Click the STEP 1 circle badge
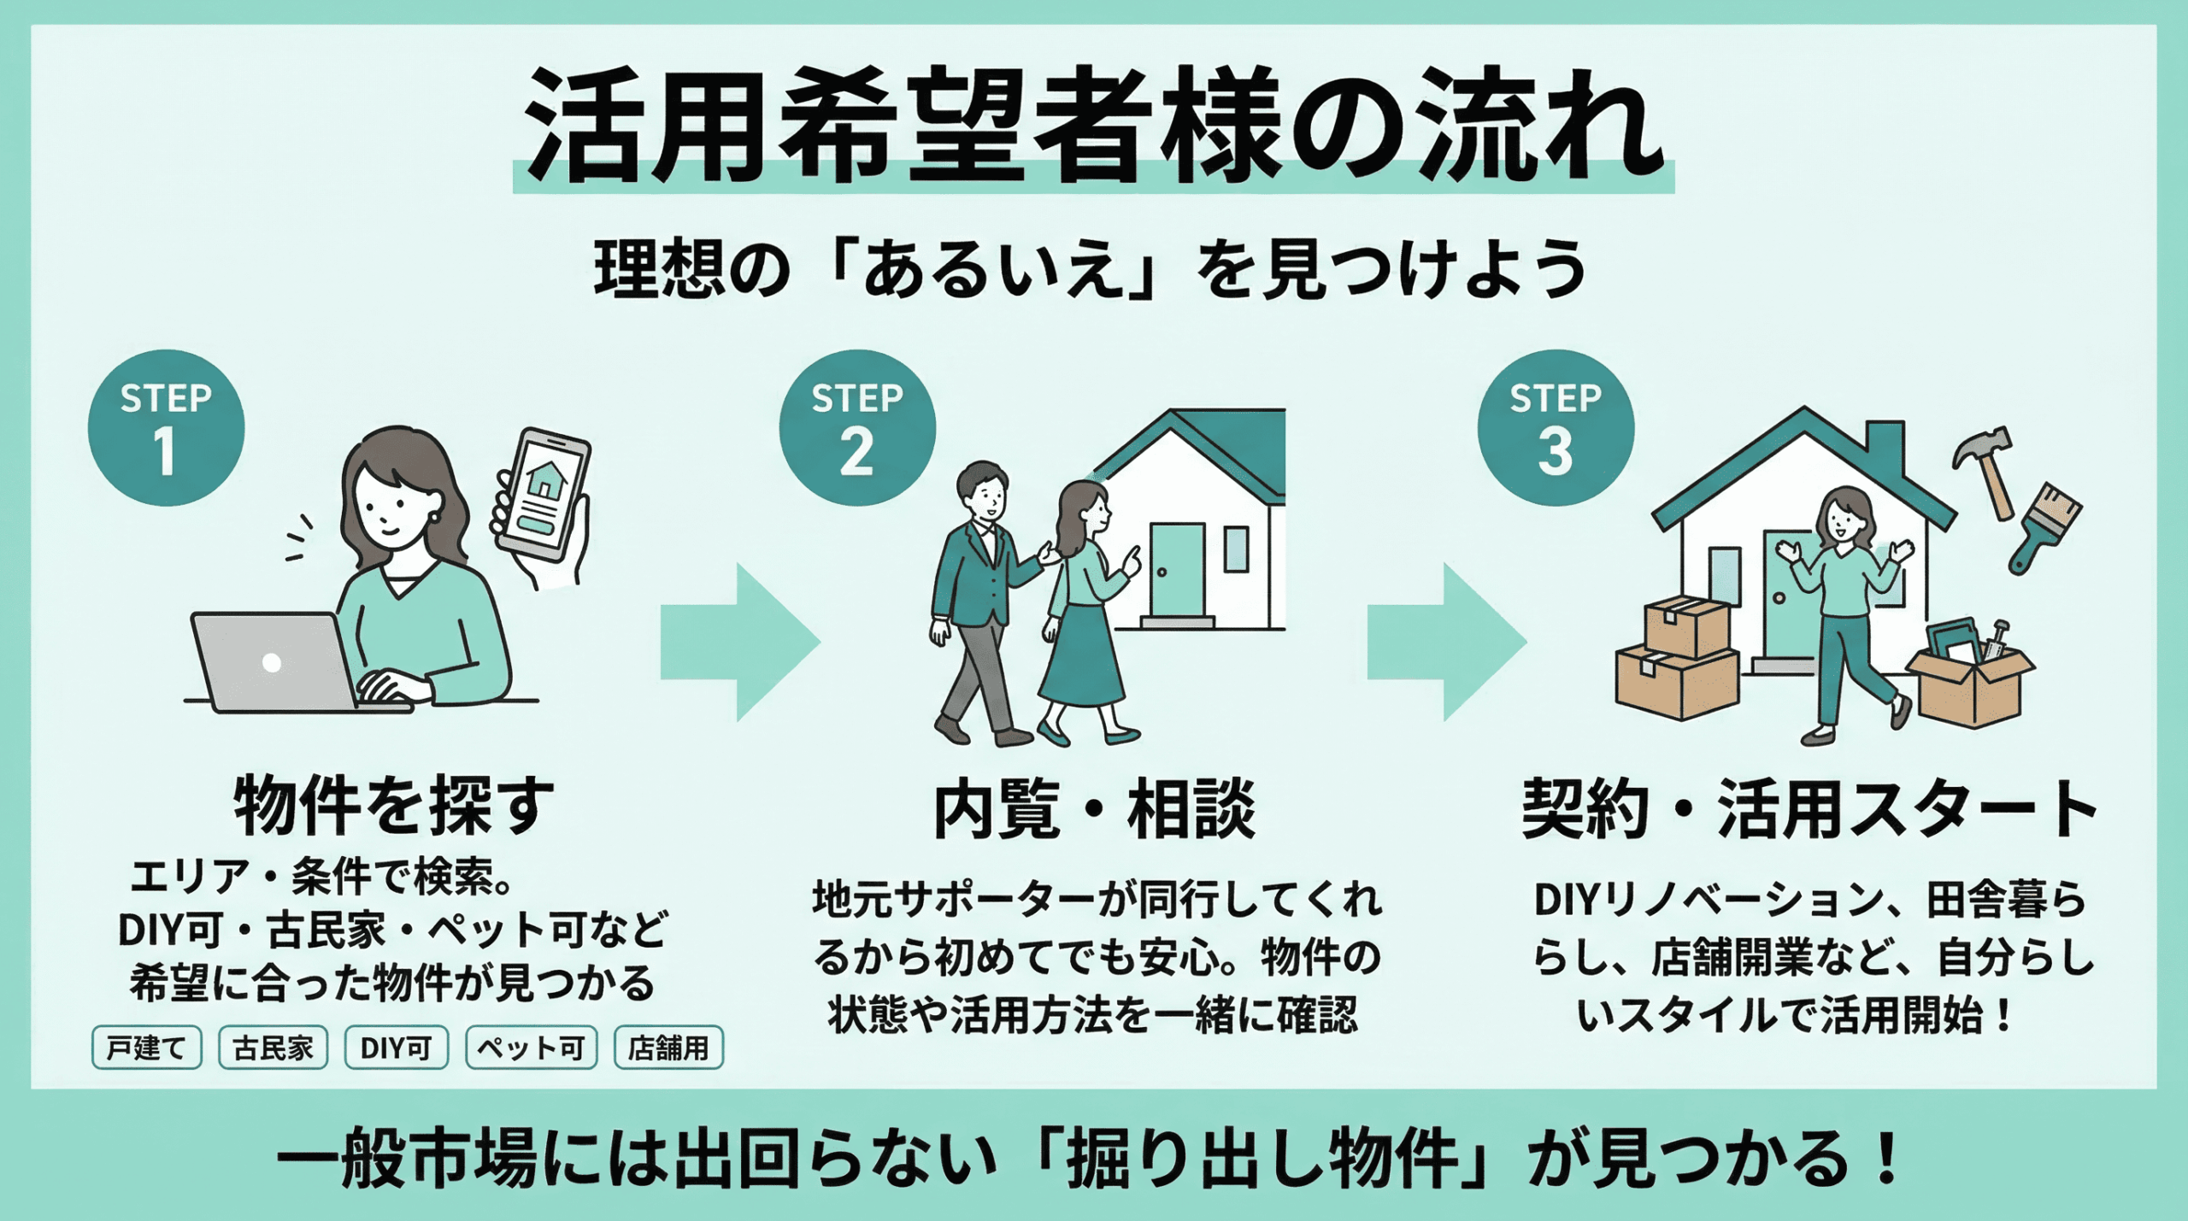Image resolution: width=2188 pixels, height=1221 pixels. tap(166, 428)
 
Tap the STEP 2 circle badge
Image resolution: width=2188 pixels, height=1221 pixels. tap(856, 428)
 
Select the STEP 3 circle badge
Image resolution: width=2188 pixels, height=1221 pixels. tap(1555, 428)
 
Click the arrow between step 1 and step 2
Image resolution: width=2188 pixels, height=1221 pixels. tap(740, 642)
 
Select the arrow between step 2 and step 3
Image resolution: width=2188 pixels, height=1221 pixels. tap(1446, 642)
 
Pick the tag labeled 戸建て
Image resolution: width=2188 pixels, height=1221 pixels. tap(146, 1048)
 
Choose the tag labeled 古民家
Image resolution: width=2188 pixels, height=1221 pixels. tap(273, 1048)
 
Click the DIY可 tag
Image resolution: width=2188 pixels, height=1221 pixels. tap(396, 1048)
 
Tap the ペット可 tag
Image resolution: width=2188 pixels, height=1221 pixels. tap(531, 1048)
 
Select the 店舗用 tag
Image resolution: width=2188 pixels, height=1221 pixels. tap(668, 1048)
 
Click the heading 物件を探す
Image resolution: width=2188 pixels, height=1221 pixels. tap(393, 805)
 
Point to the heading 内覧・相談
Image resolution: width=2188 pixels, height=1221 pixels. tap(1094, 808)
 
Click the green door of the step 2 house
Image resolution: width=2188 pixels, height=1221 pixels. tap(1176, 568)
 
